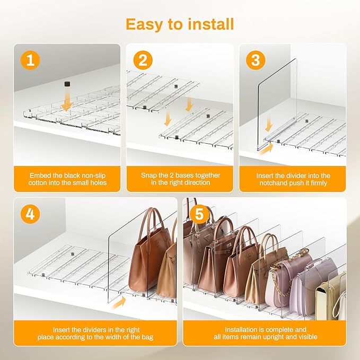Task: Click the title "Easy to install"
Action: click(180, 24)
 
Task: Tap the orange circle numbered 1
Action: click(30, 60)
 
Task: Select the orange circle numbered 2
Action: click(143, 60)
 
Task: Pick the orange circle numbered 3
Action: click(256, 60)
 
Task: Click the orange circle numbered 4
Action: click(30, 214)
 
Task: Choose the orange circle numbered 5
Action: click(199, 214)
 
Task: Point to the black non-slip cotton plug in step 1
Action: click(67, 84)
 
